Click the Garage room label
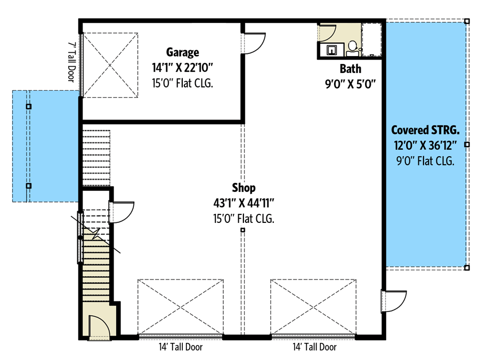coord(182,52)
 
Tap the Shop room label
coord(243,188)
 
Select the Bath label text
coord(351,69)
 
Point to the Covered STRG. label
coord(425,130)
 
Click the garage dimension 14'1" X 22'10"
coord(182,68)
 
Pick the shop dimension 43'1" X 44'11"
coord(243,203)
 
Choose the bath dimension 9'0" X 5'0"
coord(351,84)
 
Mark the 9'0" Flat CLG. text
coord(425,161)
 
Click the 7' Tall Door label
coord(71,62)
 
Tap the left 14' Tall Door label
coord(181,347)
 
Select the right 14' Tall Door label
coord(315,347)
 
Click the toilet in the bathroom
coord(353,49)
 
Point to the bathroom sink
coord(332,50)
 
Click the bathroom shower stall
coord(371,39)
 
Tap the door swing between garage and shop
coord(253,43)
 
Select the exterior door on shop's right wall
coord(394,301)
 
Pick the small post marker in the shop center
coord(242,230)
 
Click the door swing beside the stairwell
coord(121,212)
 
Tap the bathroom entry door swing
coord(327,33)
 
